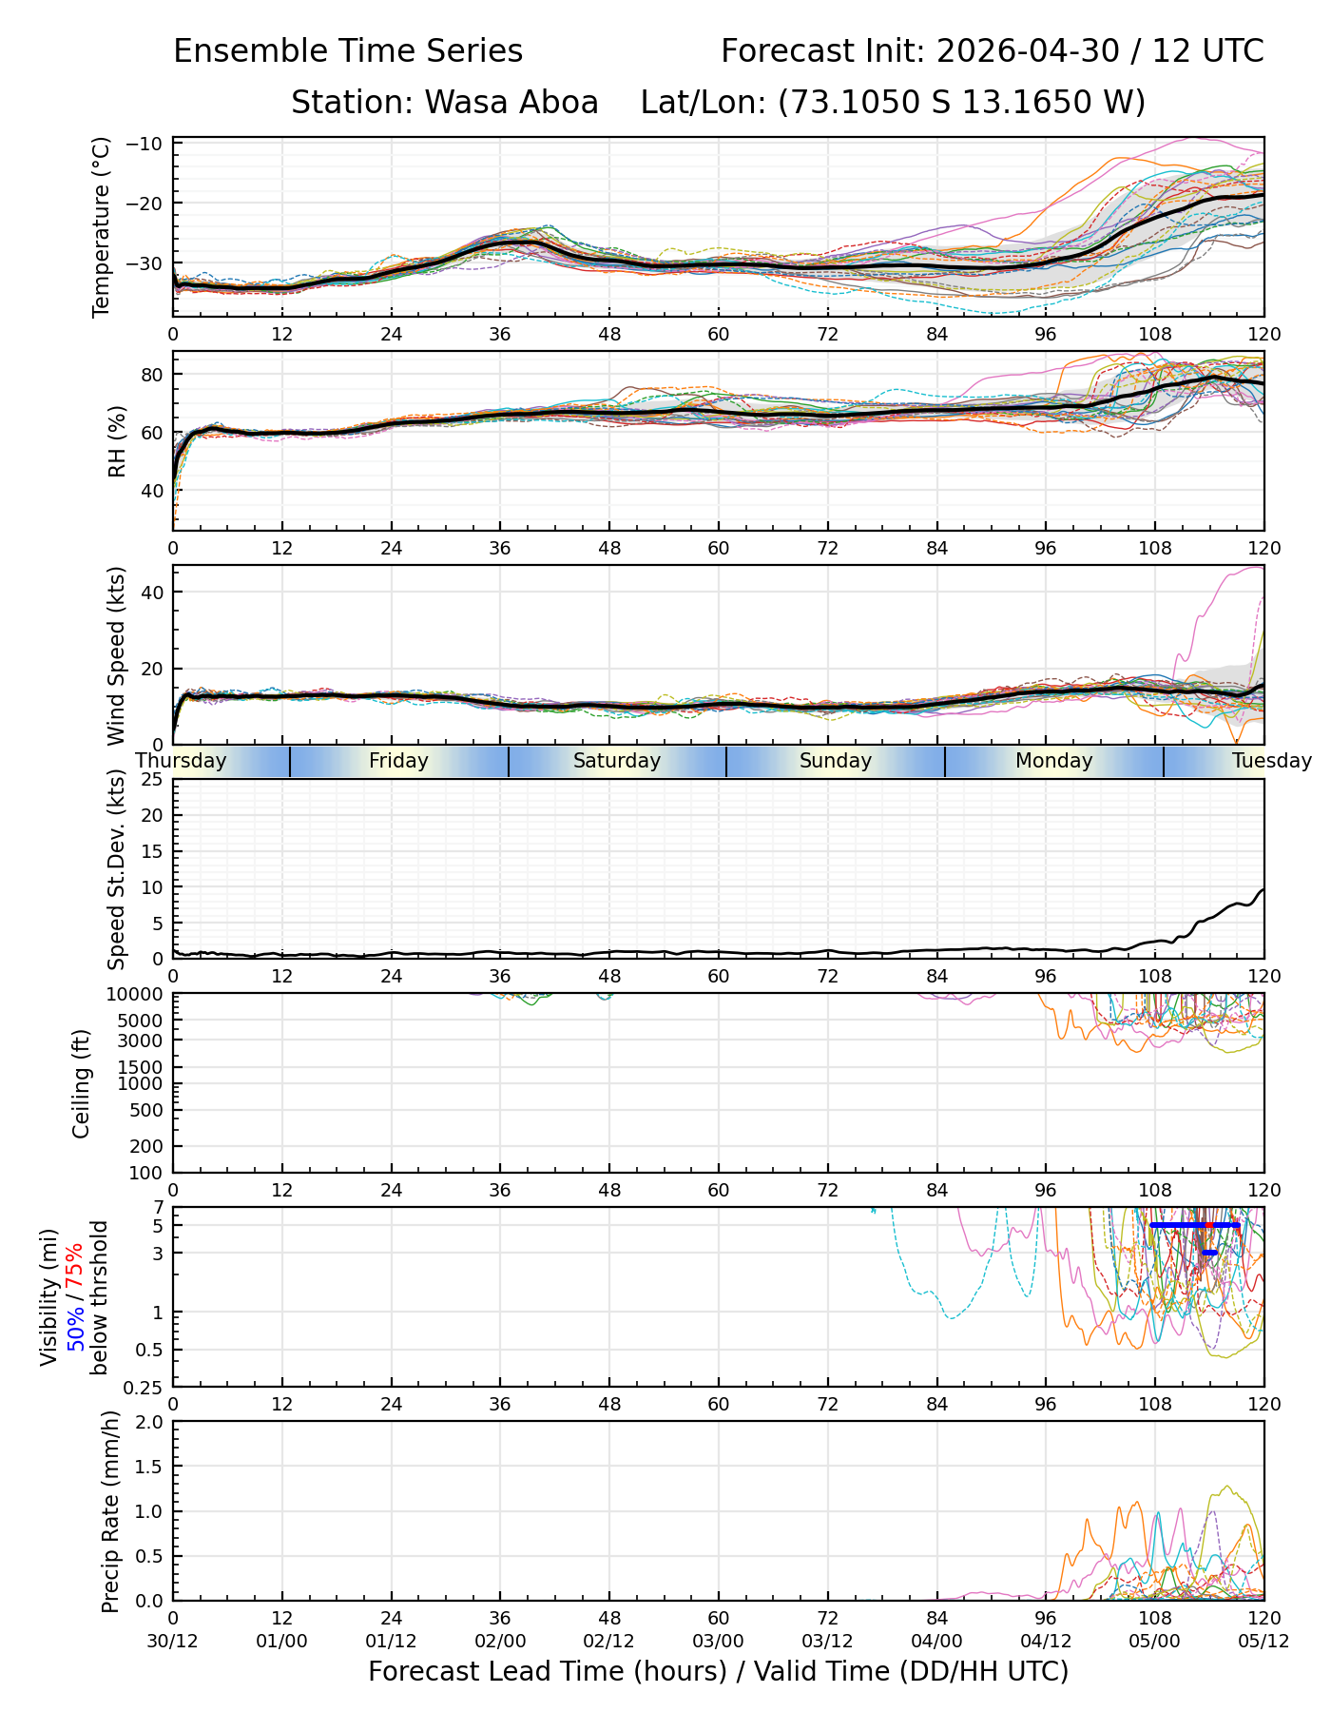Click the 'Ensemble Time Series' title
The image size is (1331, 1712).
(348, 51)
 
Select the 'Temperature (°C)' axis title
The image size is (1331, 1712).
(102, 227)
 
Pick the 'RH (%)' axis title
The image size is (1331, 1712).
(117, 441)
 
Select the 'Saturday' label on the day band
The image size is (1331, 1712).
(617, 761)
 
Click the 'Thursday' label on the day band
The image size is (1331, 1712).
(181, 761)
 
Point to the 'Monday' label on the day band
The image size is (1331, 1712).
(1054, 761)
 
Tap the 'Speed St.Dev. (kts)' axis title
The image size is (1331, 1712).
(117, 869)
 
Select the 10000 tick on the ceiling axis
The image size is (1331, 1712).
(139, 995)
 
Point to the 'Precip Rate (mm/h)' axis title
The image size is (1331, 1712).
(111, 1511)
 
